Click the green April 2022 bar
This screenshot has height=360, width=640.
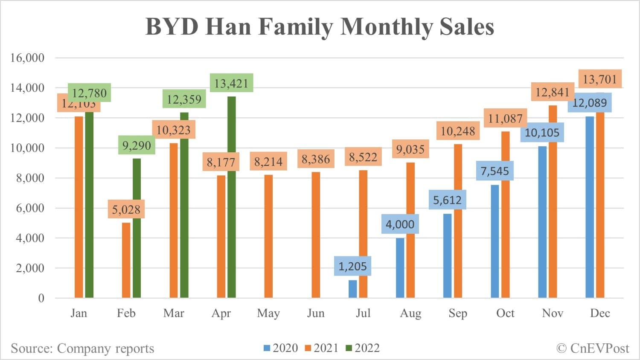[231, 197]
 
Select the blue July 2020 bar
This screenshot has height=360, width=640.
[352, 289]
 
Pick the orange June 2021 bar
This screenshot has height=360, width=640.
[316, 235]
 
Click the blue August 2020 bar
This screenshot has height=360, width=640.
[400, 267]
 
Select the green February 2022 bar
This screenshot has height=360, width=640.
[137, 228]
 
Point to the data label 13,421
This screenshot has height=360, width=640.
[231, 83]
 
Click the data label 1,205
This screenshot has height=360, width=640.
[352, 266]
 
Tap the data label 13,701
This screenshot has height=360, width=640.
[599, 79]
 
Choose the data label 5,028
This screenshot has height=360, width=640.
[126, 209]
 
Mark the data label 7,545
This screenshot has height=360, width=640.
[495, 171]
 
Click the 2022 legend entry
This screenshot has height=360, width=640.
[363, 348]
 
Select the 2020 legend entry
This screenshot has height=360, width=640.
[281, 348]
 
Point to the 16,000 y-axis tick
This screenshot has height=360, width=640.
[27, 58]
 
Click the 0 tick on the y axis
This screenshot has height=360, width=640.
[41, 298]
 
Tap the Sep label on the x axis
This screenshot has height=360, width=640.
[458, 313]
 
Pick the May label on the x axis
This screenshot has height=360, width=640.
[268, 313]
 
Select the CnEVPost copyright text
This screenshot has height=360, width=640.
[593, 348]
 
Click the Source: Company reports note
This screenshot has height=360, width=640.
[82, 348]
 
